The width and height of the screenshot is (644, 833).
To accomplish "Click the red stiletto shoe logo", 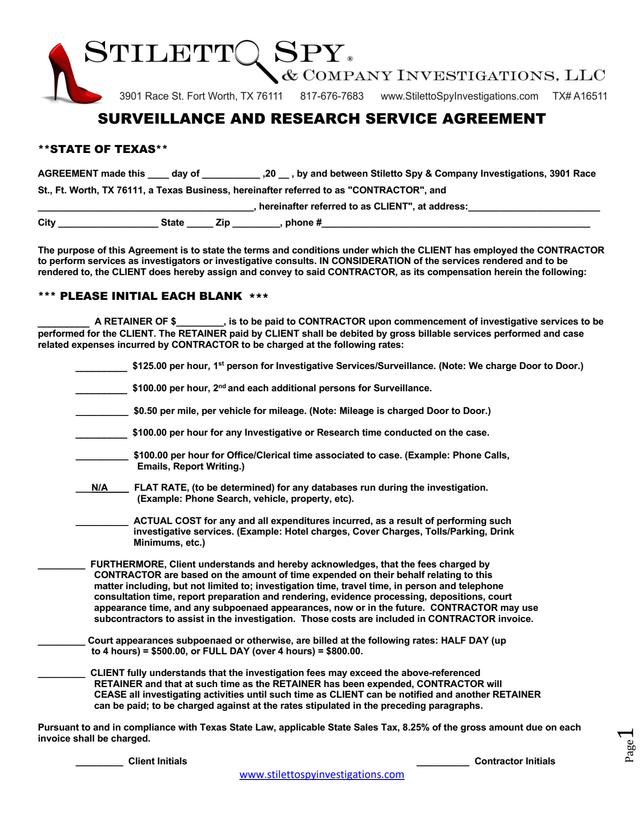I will [71, 74].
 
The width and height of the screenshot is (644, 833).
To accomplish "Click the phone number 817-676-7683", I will [331, 96].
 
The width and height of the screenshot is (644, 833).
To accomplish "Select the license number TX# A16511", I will [579, 96].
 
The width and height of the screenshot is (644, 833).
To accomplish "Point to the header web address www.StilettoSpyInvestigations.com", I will [459, 96].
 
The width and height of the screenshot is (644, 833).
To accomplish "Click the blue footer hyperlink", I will [322, 774].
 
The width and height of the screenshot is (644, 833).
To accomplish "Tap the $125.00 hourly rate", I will [150, 366].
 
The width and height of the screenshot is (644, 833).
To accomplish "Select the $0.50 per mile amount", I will [145, 411].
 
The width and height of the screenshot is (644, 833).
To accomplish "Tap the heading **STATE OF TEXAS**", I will [103, 149].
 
